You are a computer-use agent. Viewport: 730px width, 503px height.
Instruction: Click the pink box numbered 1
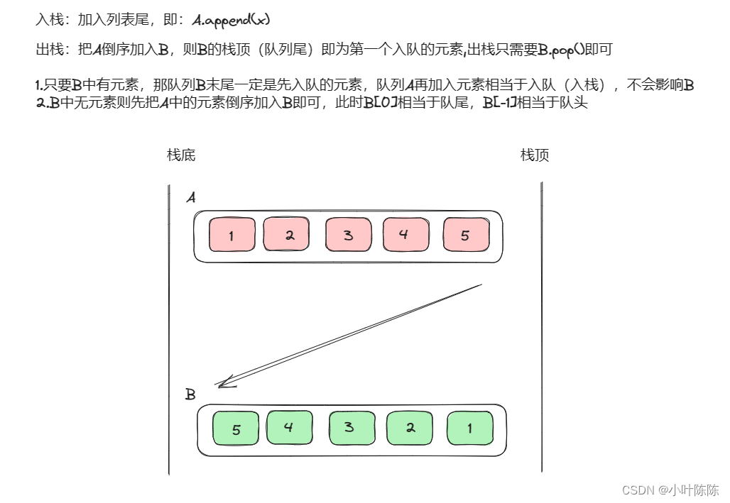point(231,235)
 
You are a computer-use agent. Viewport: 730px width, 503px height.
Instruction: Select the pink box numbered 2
point(287,234)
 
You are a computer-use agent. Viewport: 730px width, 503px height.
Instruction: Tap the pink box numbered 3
point(348,235)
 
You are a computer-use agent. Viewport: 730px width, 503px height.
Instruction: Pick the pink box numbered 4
point(405,234)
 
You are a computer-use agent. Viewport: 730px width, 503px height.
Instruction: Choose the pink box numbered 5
point(466,235)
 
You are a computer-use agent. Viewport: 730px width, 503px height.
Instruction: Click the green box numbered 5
point(236,429)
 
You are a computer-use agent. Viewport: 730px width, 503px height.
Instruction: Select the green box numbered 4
point(289,427)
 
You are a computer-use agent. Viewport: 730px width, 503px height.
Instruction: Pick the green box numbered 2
point(409,428)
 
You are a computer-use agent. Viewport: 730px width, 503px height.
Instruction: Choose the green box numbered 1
point(469,429)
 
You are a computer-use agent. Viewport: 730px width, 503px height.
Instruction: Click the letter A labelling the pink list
point(190,198)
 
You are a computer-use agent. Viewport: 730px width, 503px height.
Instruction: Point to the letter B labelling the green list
point(190,394)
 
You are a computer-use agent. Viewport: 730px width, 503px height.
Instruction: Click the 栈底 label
point(181,155)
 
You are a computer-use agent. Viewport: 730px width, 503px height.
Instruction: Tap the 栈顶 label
point(535,155)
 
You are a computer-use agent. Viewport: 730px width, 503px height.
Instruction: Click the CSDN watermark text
point(670,490)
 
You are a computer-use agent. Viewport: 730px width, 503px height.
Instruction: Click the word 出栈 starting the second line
point(49,50)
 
